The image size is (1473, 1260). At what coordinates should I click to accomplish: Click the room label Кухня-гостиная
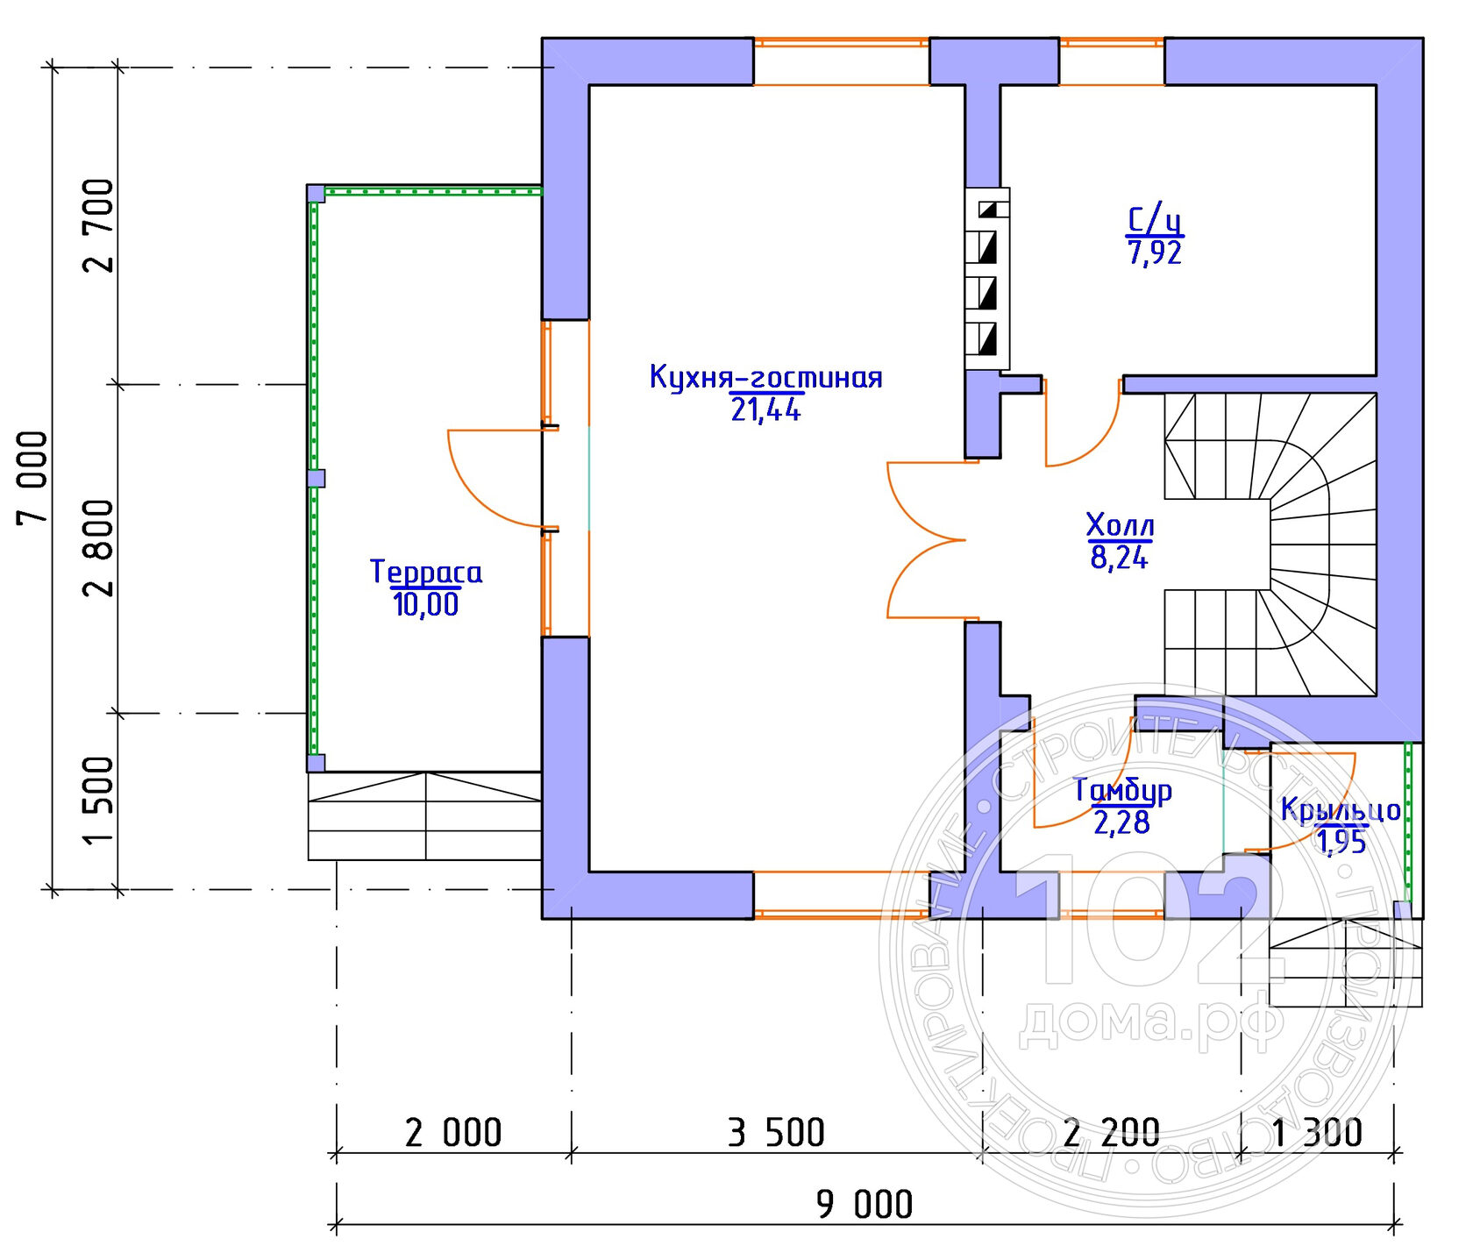pos(765,377)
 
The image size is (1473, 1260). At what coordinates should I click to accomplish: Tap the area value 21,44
pos(765,409)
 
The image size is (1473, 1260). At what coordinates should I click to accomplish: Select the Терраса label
pos(426,572)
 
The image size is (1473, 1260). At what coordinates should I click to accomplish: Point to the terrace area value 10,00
pos(426,604)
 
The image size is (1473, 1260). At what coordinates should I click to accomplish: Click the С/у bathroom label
pos(1156,219)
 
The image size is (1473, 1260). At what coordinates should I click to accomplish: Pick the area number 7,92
pos(1156,253)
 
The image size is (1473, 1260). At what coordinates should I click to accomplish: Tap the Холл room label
pos(1120,525)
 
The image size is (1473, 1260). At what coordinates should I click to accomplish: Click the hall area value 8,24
pos(1120,557)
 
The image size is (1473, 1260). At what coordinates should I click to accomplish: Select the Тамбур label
pos(1123,790)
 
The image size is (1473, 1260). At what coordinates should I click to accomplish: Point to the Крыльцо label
pos(1341,809)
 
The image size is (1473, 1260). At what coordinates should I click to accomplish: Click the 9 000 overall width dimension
pos(865,1204)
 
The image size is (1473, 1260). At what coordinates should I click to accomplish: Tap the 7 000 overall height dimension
pos(32,478)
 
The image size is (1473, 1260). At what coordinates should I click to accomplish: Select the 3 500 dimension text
pos(777,1133)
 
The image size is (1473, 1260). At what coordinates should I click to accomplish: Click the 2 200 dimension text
pos(1112,1133)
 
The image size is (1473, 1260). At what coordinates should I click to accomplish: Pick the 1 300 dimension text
pos(1317,1133)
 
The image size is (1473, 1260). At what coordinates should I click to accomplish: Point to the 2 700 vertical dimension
pos(98,225)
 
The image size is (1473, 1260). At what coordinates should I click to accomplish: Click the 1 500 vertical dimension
pos(98,801)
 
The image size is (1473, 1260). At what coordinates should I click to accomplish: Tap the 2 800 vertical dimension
pos(98,548)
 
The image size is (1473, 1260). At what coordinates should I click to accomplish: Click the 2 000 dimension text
pos(453,1133)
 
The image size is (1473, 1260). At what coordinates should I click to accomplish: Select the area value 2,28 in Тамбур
pos(1121,822)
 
